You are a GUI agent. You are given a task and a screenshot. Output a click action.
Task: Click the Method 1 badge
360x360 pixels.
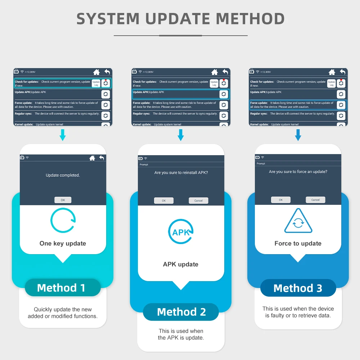[x=63, y=288]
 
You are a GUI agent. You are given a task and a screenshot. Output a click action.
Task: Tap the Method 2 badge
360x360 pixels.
[x=181, y=312]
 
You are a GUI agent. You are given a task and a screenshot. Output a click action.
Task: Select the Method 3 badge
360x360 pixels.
[x=298, y=288]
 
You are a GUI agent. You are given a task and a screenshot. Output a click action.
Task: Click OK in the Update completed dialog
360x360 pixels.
[x=63, y=200]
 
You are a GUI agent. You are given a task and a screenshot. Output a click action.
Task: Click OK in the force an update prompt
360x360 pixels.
[x=281, y=200]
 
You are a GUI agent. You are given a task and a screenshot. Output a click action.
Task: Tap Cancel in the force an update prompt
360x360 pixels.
[x=315, y=200]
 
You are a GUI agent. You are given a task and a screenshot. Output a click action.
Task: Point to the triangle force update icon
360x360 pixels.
[x=298, y=221]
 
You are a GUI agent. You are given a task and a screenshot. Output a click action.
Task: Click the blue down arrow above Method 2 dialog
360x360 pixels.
[x=181, y=135]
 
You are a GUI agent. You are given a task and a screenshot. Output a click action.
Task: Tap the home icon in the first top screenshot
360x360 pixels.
[x=96, y=72]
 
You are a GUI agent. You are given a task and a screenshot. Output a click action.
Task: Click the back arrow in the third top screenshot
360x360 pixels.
[x=342, y=72]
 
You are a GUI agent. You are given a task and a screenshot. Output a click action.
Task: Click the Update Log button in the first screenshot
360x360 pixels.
[x=96, y=83]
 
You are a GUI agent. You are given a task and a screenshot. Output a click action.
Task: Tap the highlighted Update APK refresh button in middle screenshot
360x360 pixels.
[x=224, y=94]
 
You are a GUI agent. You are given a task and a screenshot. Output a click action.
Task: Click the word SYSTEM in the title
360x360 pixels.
[x=108, y=19]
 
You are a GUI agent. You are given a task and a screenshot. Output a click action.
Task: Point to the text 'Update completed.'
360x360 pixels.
[x=63, y=175]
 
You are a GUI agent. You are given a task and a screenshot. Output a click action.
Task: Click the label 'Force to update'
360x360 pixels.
[x=298, y=243]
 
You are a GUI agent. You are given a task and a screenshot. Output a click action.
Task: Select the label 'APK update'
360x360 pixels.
[x=181, y=264]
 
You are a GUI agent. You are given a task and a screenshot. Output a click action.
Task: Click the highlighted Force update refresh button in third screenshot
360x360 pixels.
[x=341, y=105]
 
